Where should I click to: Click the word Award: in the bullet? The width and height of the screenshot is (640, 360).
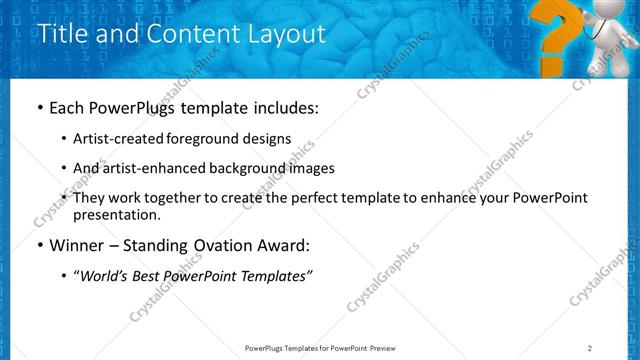(x=280, y=245)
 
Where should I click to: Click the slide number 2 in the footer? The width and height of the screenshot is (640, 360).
(x=590, y=348)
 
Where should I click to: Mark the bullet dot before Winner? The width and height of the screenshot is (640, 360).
(x=39, y=245)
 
